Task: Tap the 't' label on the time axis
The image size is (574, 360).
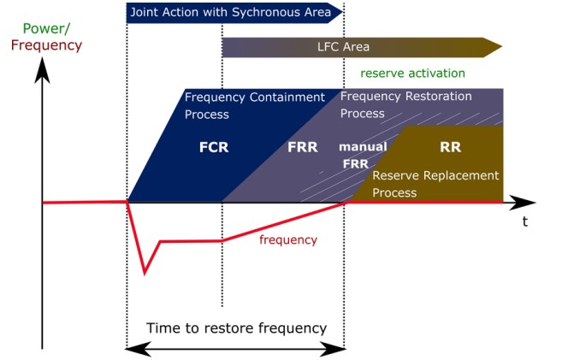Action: (524, 221)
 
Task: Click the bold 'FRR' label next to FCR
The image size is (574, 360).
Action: (302, 147)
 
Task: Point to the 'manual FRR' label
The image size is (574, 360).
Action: (363, 155)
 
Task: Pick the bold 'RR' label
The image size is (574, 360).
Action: (450, 147)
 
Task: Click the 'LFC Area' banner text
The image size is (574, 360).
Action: (342, 47)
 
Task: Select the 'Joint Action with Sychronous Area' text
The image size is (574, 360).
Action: (228, 13)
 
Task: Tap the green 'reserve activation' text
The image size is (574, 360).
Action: (412, 74)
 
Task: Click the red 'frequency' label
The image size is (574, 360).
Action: (287, 240)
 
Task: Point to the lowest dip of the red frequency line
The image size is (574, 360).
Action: (145, 274)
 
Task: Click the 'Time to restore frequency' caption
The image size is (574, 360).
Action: (236, 328)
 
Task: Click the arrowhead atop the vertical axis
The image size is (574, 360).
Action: (41, 73)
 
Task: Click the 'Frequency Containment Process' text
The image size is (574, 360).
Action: (254, 105)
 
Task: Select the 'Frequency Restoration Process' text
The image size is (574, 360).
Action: (405, 104)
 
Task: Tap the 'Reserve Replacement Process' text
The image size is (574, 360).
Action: (435, 184)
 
